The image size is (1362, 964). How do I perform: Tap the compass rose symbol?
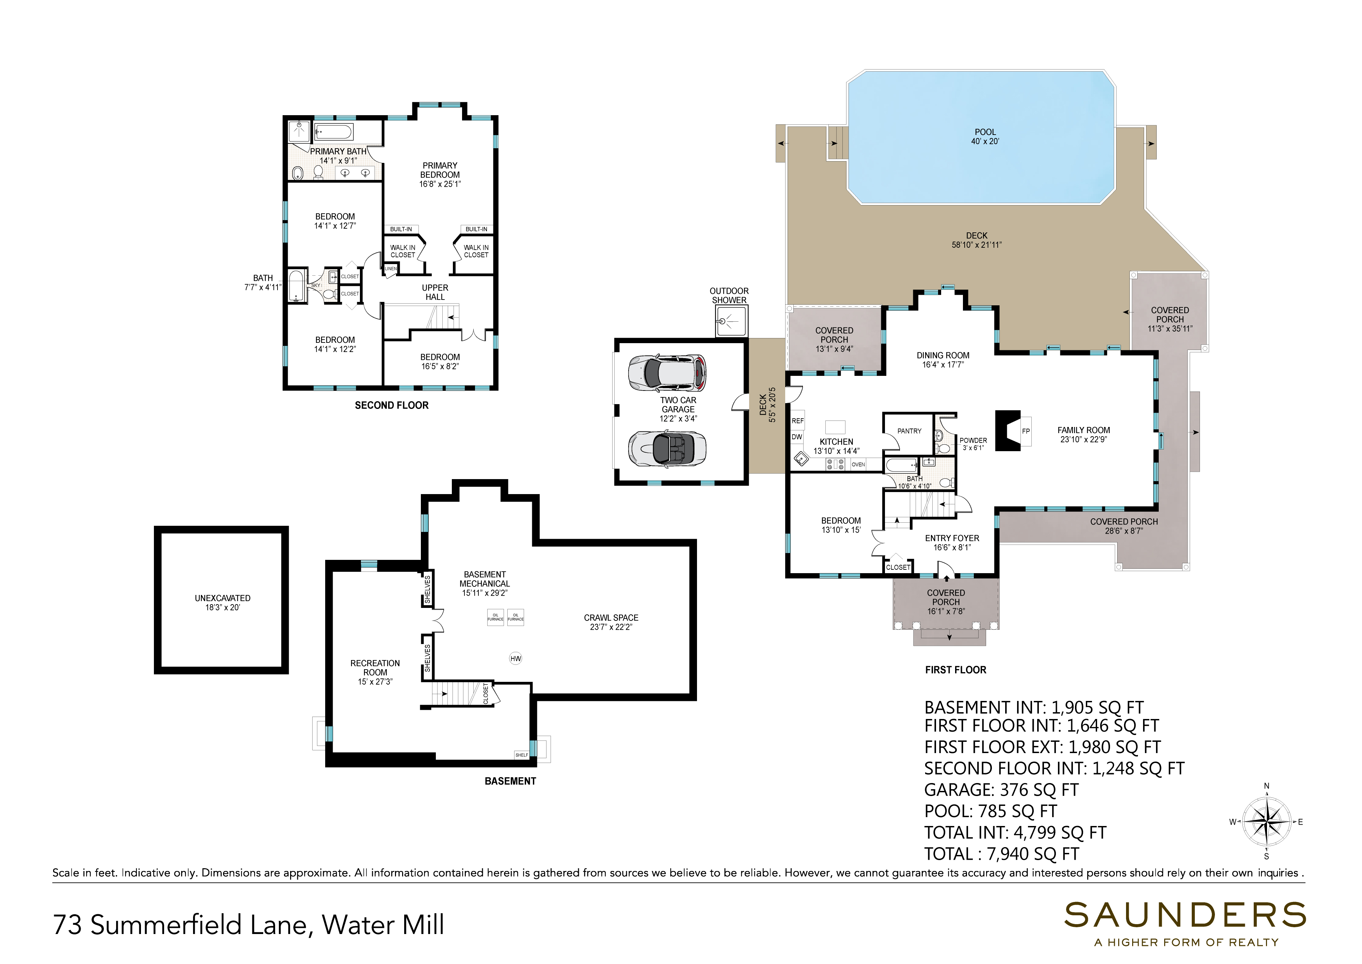1267,822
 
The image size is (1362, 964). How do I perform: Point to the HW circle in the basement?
516,658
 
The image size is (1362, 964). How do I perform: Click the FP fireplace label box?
1026,431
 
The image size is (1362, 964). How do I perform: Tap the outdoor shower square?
731,321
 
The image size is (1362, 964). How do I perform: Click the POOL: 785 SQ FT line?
990,811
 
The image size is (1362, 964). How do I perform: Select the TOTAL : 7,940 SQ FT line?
1001,854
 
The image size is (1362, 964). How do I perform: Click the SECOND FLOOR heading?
392,406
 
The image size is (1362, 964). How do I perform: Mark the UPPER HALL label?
435,292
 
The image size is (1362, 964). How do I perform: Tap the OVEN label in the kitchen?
858,464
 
